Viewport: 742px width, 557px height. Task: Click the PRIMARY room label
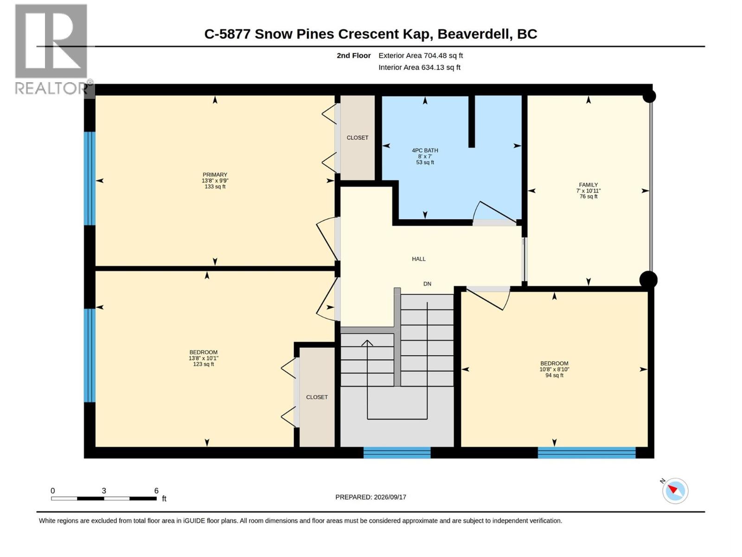coord(215,175)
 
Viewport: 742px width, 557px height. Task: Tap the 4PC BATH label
coord(425,150)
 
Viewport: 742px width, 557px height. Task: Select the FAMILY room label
coord(588,185)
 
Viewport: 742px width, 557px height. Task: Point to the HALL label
coord(418,259)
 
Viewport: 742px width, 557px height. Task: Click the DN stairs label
coord(427,284)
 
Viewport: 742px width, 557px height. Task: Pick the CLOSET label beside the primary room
coord(357,138)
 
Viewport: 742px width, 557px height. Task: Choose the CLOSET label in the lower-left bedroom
coord(317,397)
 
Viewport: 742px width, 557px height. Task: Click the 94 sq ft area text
coord(554,375)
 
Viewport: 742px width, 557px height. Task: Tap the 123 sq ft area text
coord(204,364)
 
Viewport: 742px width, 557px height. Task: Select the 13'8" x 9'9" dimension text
coord(215,181)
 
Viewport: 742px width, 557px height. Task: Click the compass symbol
coord(675,491)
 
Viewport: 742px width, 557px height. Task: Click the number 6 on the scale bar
coord(156,490)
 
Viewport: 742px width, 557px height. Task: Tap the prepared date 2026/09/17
coord(390,497)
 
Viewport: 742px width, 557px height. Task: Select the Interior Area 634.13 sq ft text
coord(419,67)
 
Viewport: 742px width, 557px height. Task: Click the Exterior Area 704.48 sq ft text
coord(421,55)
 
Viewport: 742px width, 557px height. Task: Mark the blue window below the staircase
coord(397,453)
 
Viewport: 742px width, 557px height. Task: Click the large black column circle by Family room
coord(648,280)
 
